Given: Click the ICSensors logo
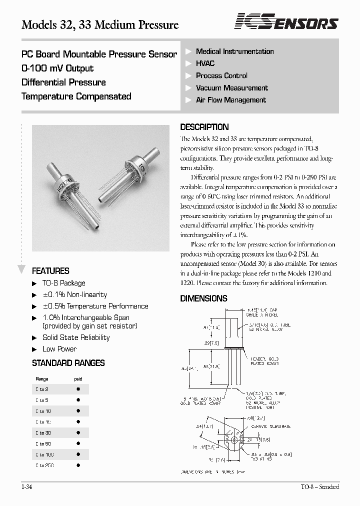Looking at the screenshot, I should point(286,22).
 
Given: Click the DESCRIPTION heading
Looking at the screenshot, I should point(204,127).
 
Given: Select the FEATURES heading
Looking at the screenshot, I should point(50,271).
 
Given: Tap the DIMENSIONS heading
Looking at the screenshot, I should point(203,298).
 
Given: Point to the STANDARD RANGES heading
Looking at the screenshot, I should point(68,363).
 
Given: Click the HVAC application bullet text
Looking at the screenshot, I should point(205,63).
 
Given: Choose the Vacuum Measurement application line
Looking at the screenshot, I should point(231,88).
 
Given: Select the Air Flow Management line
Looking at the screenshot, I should point(230,100).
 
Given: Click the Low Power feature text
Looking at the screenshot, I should point(59,349).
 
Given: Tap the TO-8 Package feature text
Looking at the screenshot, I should point(63,283).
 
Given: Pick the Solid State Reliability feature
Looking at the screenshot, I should point(76,337).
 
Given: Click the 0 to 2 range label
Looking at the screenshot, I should point(42,388).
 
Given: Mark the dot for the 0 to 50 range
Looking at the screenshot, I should point(78,443).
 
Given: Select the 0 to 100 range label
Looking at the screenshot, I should point(44,454).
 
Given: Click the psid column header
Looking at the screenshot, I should point(78,379).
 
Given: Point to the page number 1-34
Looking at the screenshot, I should point(27,487).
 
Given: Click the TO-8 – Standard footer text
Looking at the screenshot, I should point(320,487).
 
